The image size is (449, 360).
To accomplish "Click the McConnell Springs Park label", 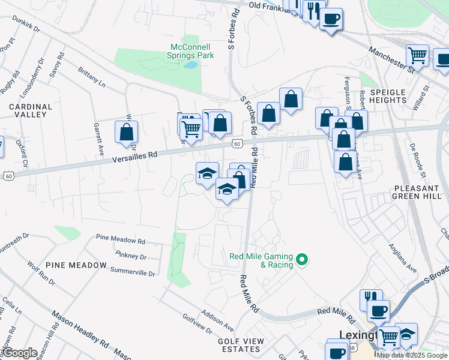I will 192,51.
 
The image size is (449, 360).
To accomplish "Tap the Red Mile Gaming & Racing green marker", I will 303,260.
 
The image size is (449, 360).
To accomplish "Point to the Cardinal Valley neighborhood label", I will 31,110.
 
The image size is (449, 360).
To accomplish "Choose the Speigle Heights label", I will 388,96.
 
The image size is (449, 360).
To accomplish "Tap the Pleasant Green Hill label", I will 418,192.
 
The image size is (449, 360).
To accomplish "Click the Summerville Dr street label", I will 133,272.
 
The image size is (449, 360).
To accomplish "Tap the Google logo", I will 20,353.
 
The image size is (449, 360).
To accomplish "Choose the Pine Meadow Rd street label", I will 121,241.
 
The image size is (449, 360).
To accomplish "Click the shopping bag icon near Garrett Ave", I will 127,132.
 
